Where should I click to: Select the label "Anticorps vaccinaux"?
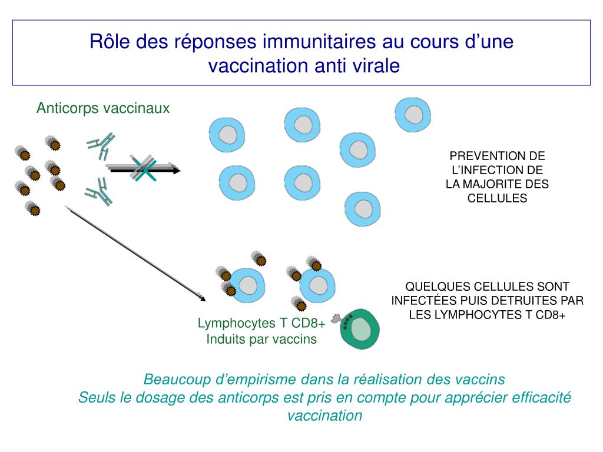click(x=103, y=108)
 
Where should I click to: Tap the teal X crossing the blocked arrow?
click(x=143, y=169)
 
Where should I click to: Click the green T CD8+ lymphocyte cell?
click(x=361, y=328)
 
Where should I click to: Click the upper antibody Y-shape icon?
click(x=101, y=145)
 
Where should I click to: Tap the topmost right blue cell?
click(x=412, y=115)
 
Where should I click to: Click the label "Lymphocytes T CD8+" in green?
click(x=261, y=323)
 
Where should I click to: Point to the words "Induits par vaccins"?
click(x=261, y=340)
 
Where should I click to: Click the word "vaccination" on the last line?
click(x=324, y=416)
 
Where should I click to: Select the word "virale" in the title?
click(x=376, y=65)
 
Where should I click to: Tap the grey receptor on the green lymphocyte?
click(x=337, y=319)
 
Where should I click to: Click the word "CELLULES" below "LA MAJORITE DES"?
click(x=497, y=198)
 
